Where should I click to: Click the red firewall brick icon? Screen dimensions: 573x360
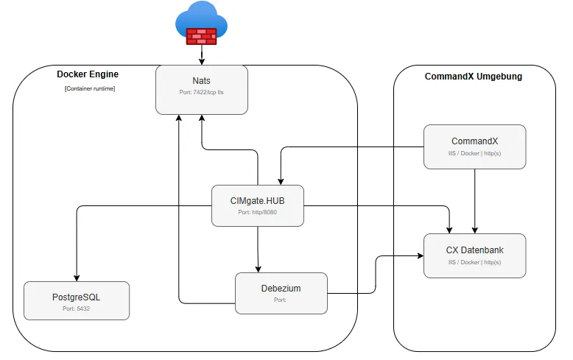pyautogui.click(x=201, y=36)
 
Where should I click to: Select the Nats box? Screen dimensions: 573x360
pyautogui.click(x=202, y=90)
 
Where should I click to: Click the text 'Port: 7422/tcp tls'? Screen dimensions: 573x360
pyautogui.click(x=201, y=92)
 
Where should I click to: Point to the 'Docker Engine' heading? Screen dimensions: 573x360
pyautogui.click(x=88, y=74)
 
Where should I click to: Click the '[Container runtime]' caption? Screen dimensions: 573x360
pyautogui.click(x=90, y=89)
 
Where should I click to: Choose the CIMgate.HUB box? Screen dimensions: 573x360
pyautogui.click(x=258, y=205)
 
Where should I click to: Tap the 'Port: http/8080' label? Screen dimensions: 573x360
pyautogui.click(x=258, y=212)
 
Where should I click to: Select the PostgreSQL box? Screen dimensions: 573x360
pyautogui.click(x=77, y=300)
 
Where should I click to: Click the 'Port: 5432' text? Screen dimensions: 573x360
pyautogui.click(x=76, y=308)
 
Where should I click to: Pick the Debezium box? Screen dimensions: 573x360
pyautogui.click(x=281, y=293)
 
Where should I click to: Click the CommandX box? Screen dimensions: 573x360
pyautogui.click(x=475, y=147)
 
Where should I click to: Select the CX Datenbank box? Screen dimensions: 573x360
pyautogui.click(x=475, y=255)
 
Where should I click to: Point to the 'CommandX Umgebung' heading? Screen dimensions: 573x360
pyautogui.click(x=474, y=77)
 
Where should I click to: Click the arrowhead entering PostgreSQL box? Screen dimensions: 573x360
pyautogui.click(x=77, y=278)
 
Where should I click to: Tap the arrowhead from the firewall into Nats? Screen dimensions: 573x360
pyautogui.click(x=201, y=62)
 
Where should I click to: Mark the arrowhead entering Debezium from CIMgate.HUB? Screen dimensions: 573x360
pyautogui.click(x=258, y=269)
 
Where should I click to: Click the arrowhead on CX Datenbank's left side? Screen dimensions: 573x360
pyautogui.click(x=421, y=256)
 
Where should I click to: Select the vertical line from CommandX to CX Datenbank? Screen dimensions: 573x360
pyautogui.click(x=475, y=201)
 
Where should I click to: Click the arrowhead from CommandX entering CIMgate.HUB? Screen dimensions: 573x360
pyautogui.click(x=281, y=182)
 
